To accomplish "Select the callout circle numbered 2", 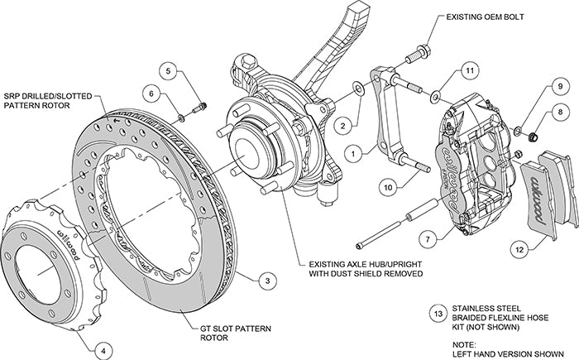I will (339, 126).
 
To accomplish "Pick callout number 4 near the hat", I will (102, 351).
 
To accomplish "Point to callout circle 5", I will (170, 71).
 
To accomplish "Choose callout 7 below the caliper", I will (427, 239).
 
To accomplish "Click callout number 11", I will (468, 72).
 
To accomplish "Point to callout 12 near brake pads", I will (519, 247).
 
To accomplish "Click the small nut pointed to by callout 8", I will (533, 132).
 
